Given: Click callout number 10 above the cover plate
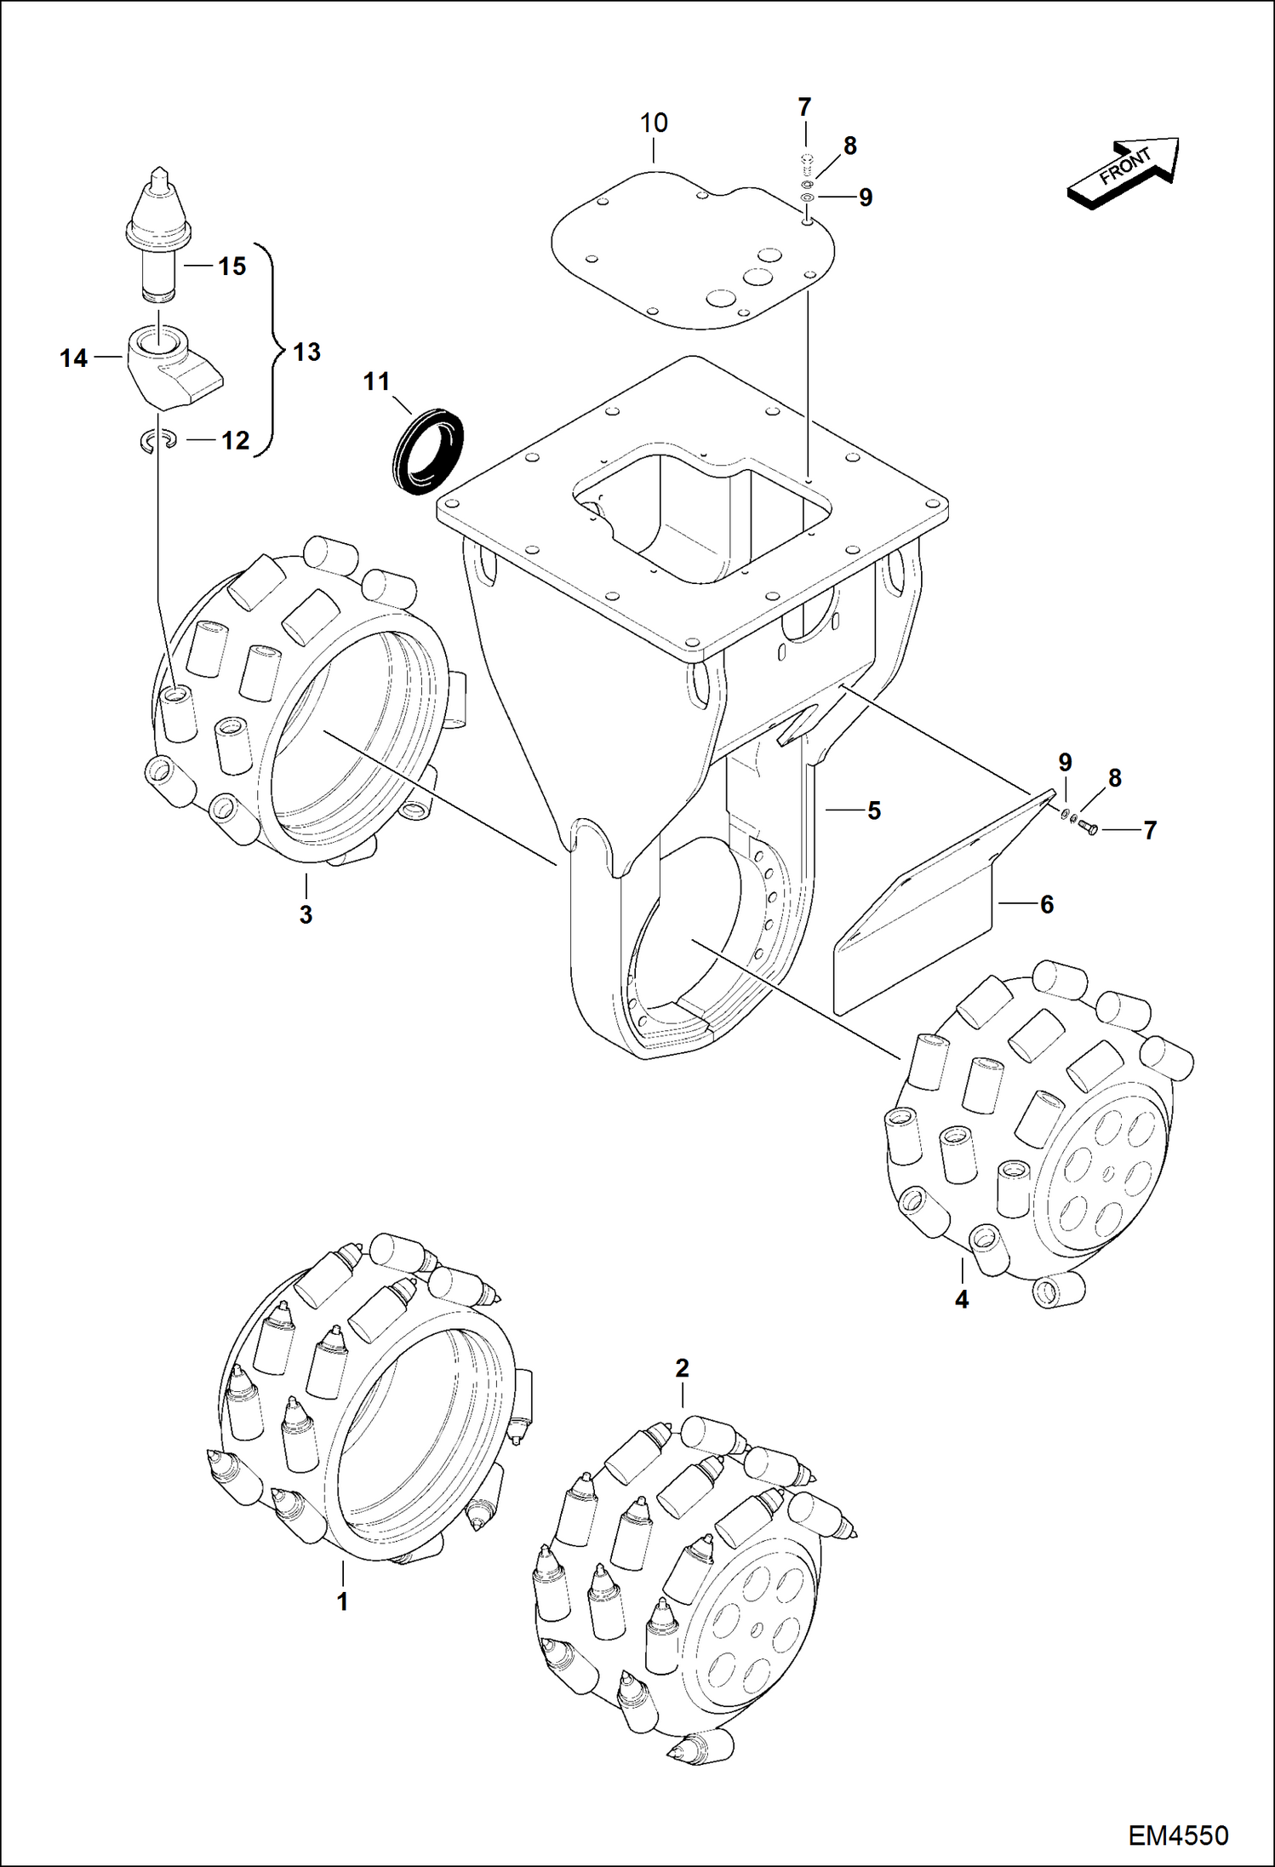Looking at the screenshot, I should point(654,123).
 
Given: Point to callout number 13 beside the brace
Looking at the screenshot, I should point(306,352).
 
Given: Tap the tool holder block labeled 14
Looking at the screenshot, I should point(170,366).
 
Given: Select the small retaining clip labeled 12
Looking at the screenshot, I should point(157,439).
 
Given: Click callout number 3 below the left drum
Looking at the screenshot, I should point(306,914).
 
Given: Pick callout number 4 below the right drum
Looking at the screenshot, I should point(962,1299).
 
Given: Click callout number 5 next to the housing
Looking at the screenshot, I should point(874,810).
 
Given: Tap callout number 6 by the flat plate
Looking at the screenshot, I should point(1047,904).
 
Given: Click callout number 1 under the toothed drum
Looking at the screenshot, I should point(342,1601).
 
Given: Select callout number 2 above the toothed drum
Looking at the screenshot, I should point(682,1368).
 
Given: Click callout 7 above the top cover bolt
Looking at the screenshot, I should point(804,107).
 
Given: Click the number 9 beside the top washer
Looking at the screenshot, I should point(866,198).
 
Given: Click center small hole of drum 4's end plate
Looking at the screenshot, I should point(1106,1174).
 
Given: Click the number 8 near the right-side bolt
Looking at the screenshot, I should point(1115,778).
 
